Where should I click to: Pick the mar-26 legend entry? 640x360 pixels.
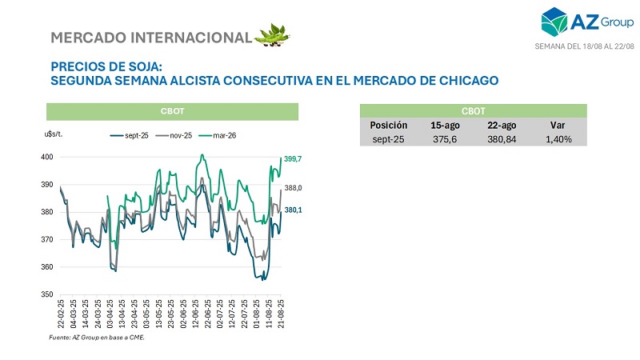tap(223, 135)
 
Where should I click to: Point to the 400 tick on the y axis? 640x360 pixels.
tap(47, 157)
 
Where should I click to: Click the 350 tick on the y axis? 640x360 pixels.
tap(47, 295)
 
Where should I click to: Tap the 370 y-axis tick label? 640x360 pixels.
tap(47, 240)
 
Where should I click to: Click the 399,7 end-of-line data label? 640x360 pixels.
tap(293, 159)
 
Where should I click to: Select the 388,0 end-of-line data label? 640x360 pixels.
tap(293, 188)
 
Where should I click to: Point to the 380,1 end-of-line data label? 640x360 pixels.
tap(293, 210)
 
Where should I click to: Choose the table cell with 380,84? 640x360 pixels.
tap(502, 138)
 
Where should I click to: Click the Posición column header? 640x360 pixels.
tap(389, 125)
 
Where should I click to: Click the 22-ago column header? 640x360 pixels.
tap(502, 125)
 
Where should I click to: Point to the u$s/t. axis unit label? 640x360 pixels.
tap(54, 134)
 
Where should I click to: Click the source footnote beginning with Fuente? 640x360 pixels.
tap(97, 338)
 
